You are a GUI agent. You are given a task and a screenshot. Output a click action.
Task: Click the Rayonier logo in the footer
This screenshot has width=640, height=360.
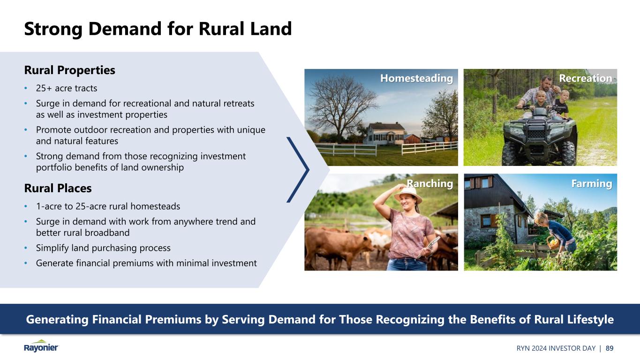pyautogui.click(x=41, y=346)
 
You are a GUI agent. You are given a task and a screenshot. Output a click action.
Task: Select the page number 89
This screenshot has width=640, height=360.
pyautogui.click(x=610, y=348)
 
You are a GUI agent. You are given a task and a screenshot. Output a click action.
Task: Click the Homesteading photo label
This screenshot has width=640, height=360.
pyautogui.click(x=416, y=78)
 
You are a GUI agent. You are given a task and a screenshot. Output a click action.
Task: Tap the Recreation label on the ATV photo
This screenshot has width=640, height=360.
pyautogui.click(x=586, y=78)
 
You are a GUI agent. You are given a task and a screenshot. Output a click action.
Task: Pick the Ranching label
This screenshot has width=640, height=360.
pyautogui.click(x=429, y=184)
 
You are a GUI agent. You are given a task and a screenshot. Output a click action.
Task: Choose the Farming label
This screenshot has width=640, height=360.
pyautogui.click(x=592, y=184)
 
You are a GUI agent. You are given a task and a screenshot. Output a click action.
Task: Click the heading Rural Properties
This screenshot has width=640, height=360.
pyautogui.click(x=69, y=70)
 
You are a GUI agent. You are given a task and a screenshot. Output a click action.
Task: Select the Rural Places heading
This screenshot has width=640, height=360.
pyautogui.click(x=58, y=188)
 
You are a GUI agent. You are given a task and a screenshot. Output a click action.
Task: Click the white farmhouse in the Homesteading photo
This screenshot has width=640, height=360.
pyautogui.click(x=385, y=134)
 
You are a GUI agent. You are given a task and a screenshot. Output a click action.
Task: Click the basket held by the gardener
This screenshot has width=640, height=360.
pyautogui.click(x=553, y=243)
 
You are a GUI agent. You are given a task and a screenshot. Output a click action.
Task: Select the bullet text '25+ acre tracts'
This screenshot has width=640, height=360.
pyautogui.click(x=67, y=88)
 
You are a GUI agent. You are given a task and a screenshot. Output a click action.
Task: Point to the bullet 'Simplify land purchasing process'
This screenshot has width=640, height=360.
pyautogui.click(x=103, y=248)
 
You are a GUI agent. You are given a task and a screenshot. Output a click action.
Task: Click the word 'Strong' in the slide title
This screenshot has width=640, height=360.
pyautogui.click(x=53, y=30)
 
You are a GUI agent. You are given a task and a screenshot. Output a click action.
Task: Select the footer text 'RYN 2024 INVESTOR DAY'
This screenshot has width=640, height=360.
pyautogui.click(x=556, y=348)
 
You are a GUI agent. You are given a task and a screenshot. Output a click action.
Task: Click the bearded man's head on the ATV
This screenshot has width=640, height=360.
pyautogui.click(x=546, y=83)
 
